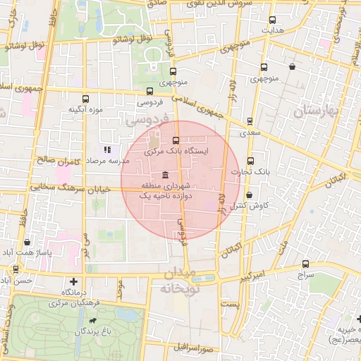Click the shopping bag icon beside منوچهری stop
[292, 67]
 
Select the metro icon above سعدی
[250, 121]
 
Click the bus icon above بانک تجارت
[251, 161]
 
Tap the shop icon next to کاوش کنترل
[248, 195]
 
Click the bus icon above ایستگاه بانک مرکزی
[176, 140]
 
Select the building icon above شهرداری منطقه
[165, 174]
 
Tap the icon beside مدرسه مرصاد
[107, 149]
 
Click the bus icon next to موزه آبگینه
[86, 99]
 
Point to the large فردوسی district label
[146, 121]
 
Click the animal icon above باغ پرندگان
[92, 321]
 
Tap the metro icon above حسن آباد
[16, 269]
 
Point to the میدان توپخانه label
[181, 281]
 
